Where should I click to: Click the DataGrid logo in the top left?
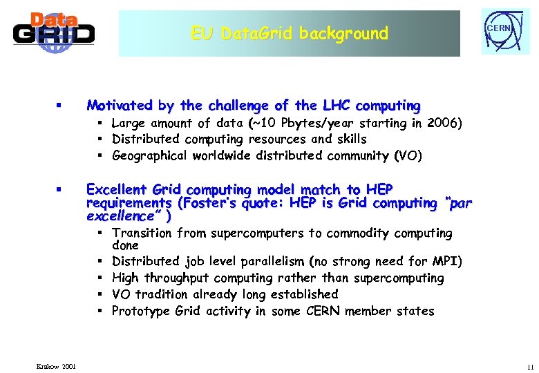pos(53,32)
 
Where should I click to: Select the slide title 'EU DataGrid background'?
pos(290,33)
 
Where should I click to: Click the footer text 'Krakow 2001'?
pos(58,365)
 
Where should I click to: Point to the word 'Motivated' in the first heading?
pos(120,106)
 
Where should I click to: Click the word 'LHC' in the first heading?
pos(336,106)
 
